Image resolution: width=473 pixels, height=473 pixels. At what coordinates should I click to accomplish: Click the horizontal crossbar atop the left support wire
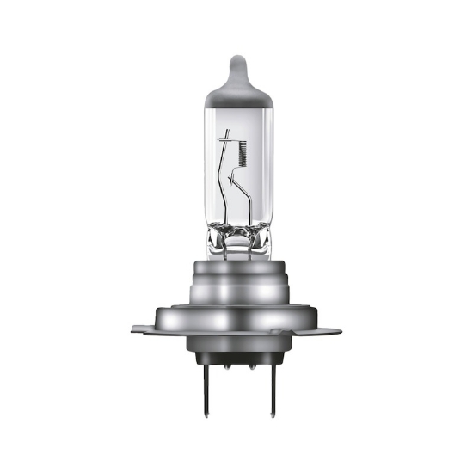(x=226, y=137)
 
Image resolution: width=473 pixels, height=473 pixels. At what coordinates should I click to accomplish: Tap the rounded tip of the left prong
(x=212, y=408)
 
